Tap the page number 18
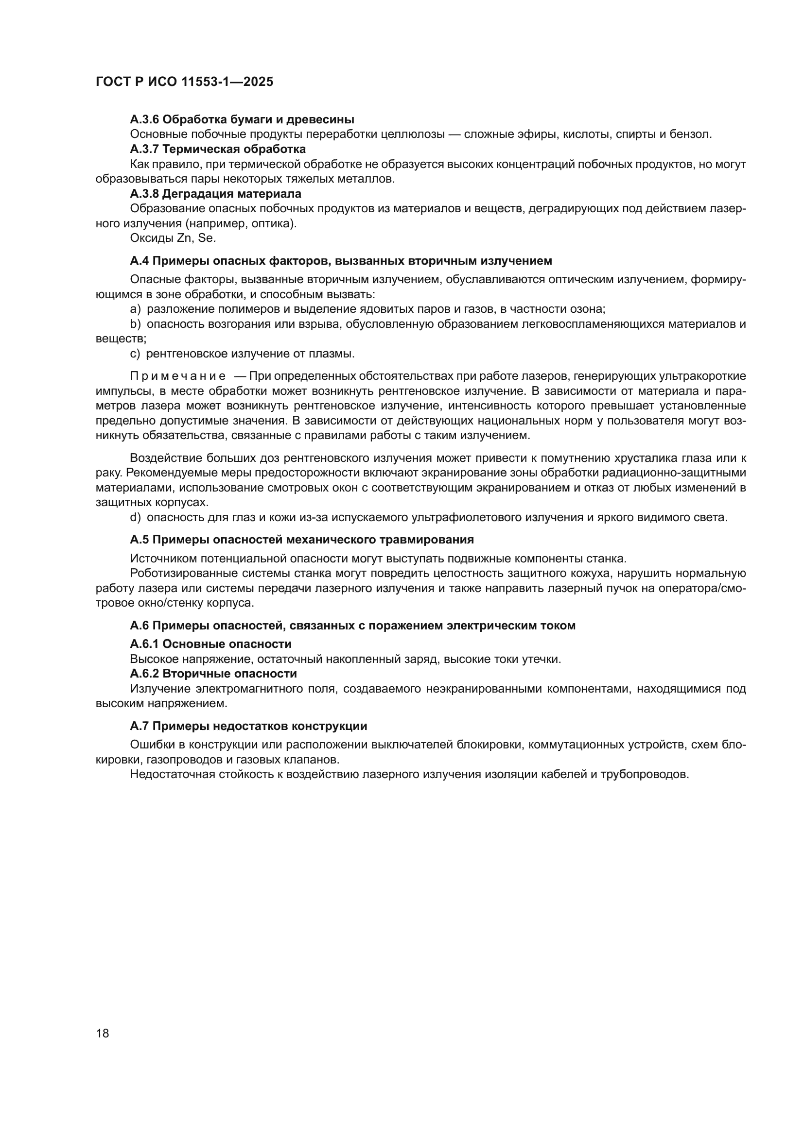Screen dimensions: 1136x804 coord(103,1034)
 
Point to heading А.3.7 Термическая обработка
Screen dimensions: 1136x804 coord(218,149)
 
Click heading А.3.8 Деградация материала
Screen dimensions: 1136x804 coord(215,193)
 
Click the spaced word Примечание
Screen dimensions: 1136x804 coord(178,376)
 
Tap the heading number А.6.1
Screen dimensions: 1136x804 coord(144,644)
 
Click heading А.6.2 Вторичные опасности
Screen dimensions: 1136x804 coord(213,674)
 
